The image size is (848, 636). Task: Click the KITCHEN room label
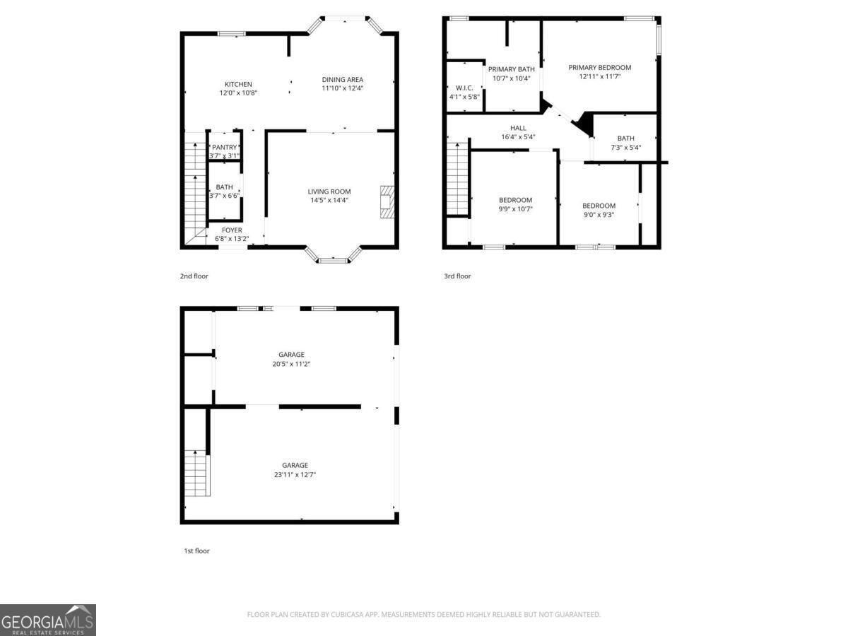(x=238, y=84)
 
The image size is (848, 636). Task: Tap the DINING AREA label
(x=343, y=79)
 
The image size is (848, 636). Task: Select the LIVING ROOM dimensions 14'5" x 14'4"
(x=329, y=200)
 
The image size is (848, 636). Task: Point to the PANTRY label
(x=225, y=147)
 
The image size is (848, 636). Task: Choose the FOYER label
(x=232, y=230)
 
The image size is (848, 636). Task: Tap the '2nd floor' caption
(x=194, y=276)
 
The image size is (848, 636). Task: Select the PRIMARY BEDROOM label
(x=600, y=68)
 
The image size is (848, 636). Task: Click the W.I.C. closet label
(x=464, y=88)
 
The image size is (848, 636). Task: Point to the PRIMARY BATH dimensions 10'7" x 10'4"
(x=511, y=78)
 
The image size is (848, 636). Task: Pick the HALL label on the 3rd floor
(x=518, y=128)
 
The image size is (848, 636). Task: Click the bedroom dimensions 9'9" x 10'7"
(x=515, y=208)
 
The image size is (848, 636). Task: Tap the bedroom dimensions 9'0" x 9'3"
(x=599, y=215)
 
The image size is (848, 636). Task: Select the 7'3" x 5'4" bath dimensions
(x=625, y=148)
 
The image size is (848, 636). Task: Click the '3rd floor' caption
(x=457, y=276)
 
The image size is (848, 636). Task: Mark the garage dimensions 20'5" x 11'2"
(x=291, y=364)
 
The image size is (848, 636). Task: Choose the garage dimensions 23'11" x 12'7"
(x=295, y=475)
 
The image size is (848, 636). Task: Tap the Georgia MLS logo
(x=47, y=620)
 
